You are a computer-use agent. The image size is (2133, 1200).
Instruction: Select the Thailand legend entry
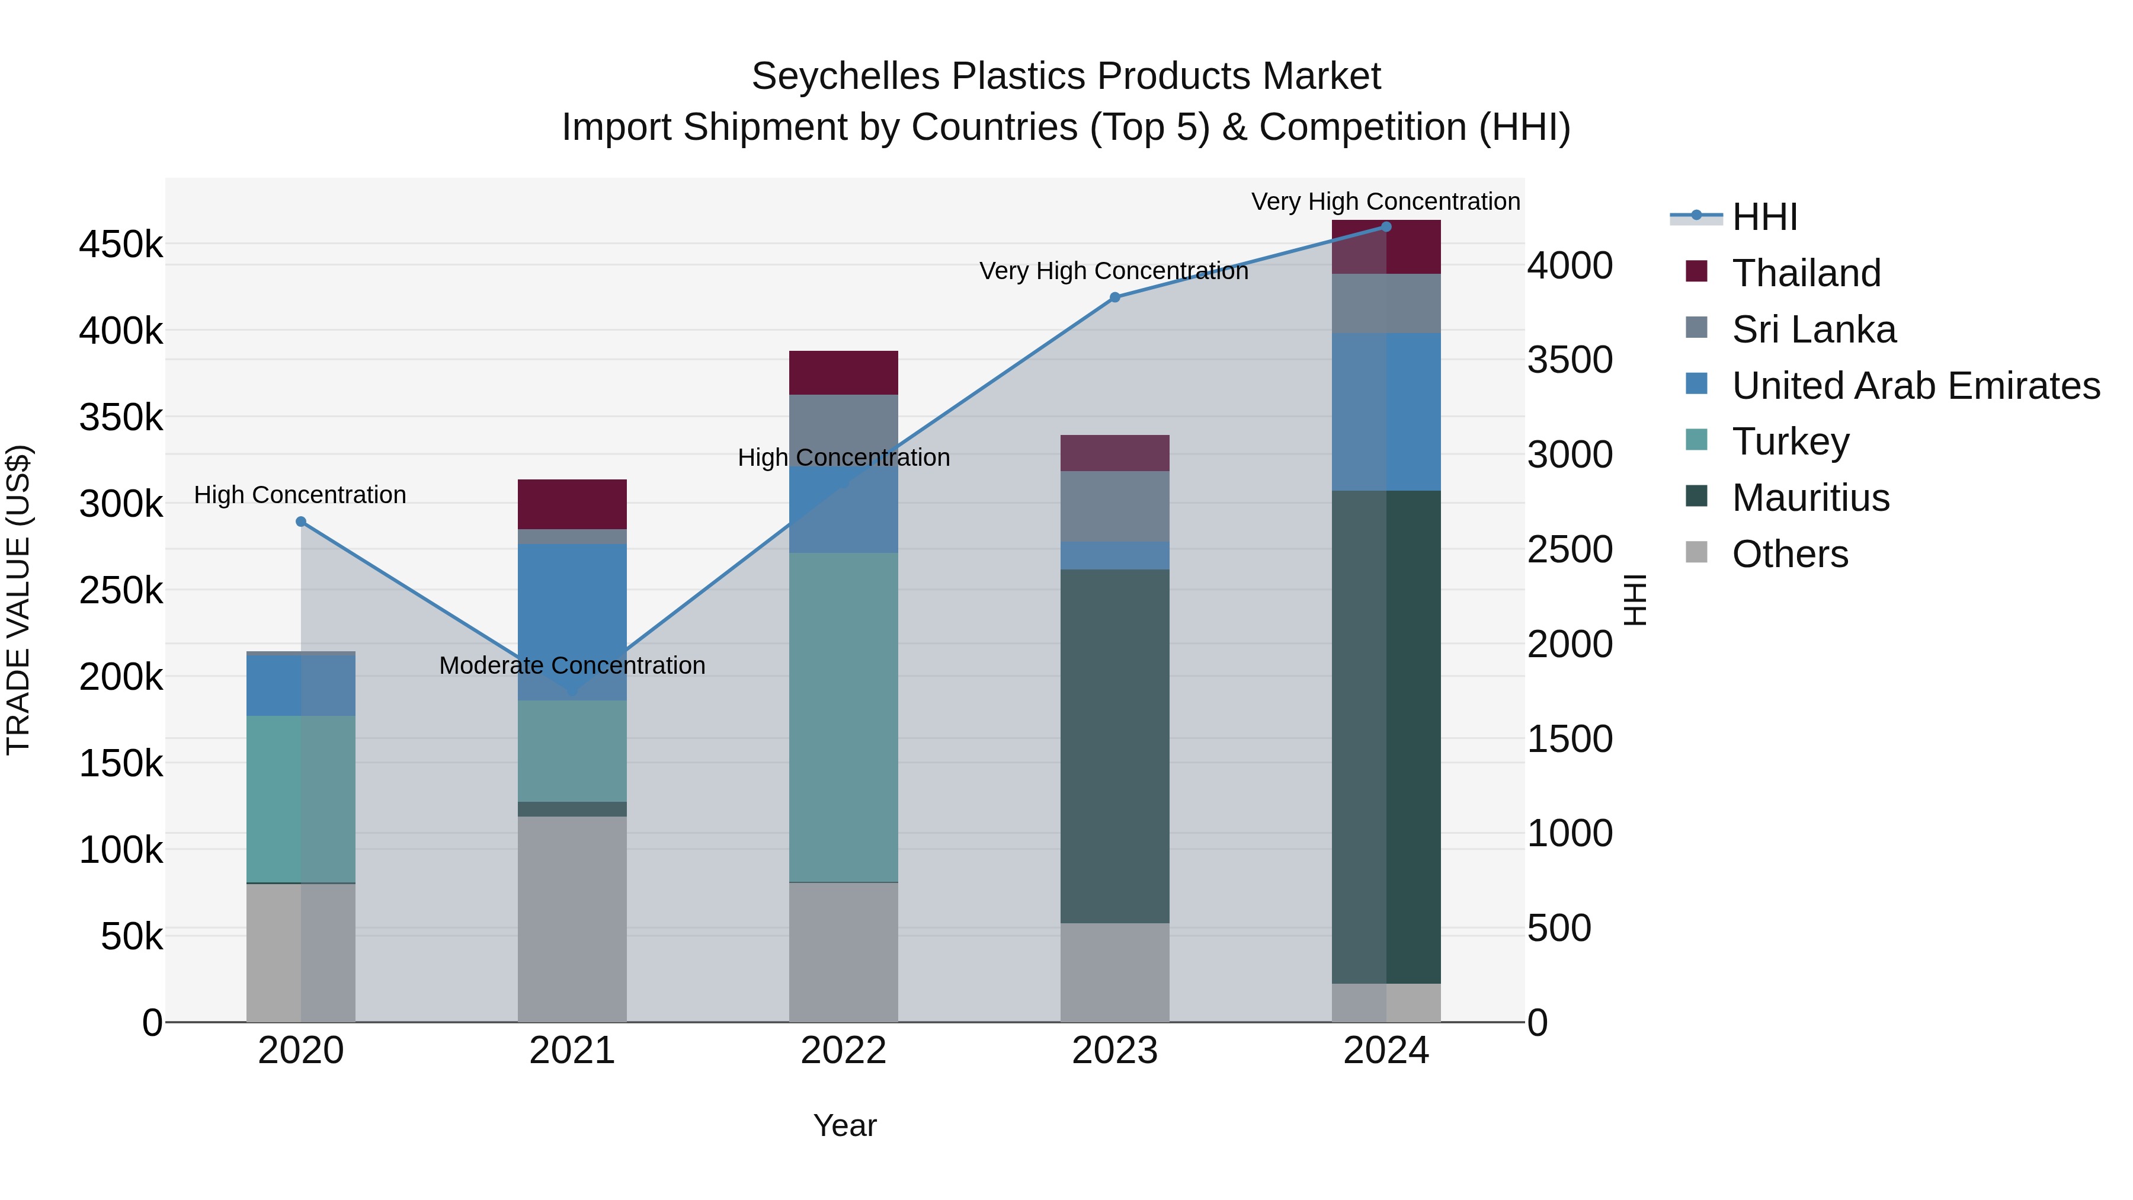(x=1805, y=273)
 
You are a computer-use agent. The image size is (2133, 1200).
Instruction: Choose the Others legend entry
(x=1789, y=554)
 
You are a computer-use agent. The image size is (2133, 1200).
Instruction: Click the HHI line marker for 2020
(x=300, y=521)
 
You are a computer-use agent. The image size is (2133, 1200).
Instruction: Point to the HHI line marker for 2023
(x=1114, y=297)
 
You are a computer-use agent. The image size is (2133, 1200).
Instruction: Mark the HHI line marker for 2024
(x=1386, y=227)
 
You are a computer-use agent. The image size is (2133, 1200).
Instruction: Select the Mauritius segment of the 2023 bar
(x=1114, y=745)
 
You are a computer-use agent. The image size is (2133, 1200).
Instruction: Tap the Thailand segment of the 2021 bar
(x=571, y=504)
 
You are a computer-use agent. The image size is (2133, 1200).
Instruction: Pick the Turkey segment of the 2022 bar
(x=843, y=717)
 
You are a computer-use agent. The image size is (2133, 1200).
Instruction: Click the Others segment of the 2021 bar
(x=571, y=919)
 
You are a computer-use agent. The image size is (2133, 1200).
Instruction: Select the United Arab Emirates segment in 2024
(x=1386, y=412)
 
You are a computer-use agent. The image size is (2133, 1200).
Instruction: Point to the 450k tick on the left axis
(x=121, y=245)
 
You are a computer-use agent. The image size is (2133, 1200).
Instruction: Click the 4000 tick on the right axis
(x=1569, y=266)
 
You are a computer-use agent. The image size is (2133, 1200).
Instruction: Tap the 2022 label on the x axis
(x=843, y=1050)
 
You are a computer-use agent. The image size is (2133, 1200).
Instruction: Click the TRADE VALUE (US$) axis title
(x=18, y=600)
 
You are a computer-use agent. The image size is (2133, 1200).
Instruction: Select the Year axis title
(x=844, y=1125)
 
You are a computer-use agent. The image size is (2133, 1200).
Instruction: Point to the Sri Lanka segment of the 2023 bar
(x=1114, y=506)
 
